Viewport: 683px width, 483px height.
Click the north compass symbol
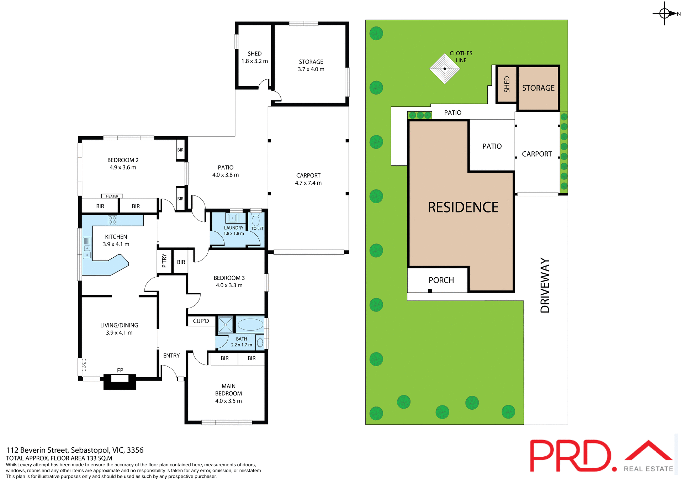(664, 14)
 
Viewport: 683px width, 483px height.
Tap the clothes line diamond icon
(444, 69)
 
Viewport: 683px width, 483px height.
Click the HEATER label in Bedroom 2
(112, 196)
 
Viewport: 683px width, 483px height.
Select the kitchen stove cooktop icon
(112, 220)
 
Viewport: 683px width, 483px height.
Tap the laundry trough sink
(232, 218)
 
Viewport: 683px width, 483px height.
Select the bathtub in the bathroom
(250, 325)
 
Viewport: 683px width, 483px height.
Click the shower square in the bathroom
(225, 325)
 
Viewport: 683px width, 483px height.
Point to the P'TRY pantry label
(164, 261)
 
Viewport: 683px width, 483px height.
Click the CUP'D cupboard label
(201, 321)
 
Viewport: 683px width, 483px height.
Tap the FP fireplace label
(120, 370)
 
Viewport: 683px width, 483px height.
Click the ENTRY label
(171, 356)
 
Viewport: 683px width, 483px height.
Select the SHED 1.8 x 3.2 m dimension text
(255, 61)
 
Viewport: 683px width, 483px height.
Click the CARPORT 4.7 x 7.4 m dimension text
(308, 183)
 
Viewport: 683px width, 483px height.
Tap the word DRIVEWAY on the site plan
(545, 285)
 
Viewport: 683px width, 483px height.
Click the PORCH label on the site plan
(441, 280)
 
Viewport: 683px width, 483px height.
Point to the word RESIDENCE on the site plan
(463, 207)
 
